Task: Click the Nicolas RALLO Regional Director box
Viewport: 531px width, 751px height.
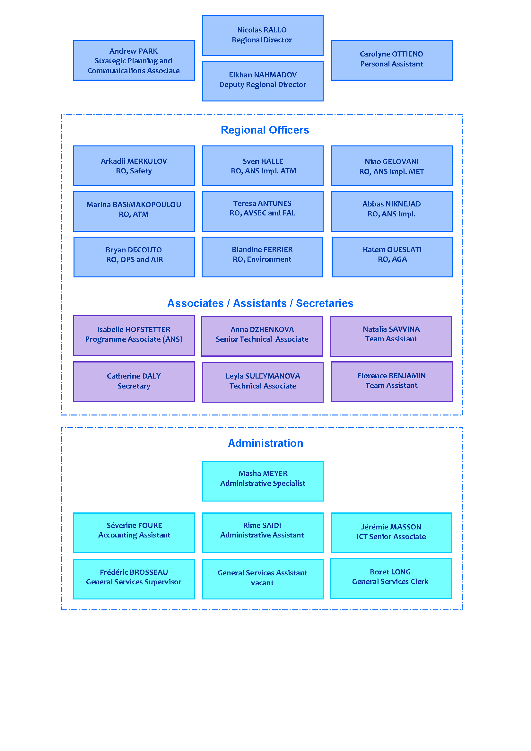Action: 263,35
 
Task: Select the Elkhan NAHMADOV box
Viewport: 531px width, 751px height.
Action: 263,81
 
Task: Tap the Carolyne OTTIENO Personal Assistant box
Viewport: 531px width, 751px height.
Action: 392,60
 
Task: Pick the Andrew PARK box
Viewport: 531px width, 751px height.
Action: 134,60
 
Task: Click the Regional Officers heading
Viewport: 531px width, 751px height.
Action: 265,130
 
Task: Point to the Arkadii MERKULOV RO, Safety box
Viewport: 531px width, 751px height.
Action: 134,165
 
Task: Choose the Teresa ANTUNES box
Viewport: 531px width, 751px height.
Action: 263,211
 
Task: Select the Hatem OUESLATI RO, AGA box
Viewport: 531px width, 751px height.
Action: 392,257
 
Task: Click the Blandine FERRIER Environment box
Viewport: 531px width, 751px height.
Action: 262,257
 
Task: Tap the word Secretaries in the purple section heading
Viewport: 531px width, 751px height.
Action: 324,303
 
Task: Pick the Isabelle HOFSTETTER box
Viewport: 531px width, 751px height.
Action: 134,335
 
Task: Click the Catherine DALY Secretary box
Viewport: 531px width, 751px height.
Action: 134,381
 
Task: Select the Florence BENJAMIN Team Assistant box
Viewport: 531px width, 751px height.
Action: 391,381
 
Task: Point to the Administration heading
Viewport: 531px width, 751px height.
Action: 265,443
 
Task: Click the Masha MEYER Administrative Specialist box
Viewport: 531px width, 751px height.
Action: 263,481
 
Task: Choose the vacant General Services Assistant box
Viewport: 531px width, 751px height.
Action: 263,579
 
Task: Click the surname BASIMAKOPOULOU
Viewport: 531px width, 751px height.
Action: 147,205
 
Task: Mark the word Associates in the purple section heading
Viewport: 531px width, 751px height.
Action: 195,303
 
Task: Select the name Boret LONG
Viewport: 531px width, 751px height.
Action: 390,572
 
